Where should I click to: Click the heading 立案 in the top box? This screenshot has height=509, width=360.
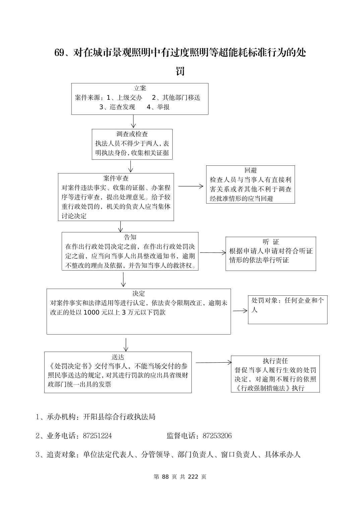[x=140, y=88]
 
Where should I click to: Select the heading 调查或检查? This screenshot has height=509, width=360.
[x=132, y=134]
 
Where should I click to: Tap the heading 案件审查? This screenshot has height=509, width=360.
[x=116, y=178]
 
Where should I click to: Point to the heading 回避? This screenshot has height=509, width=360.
[x=250, y=170]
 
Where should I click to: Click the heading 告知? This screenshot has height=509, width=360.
[x=130, y=237]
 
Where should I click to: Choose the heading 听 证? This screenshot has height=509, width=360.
[x=271, y=242]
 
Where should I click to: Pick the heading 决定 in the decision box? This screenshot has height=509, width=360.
[x=138, y=293]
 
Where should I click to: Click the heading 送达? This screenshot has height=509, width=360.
[x=118, y=357]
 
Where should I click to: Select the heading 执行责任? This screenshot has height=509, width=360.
[x=275, y=361]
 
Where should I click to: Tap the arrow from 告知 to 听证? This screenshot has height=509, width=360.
[x=213, y=252]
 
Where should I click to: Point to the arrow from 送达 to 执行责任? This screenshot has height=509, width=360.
[x=213, y=362]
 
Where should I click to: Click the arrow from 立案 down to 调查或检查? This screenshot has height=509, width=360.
[x=133, y=121]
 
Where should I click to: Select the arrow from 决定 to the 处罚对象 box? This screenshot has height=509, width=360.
[x=240, y=311]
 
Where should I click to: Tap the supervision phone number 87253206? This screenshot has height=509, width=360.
[x=217, y=436]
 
